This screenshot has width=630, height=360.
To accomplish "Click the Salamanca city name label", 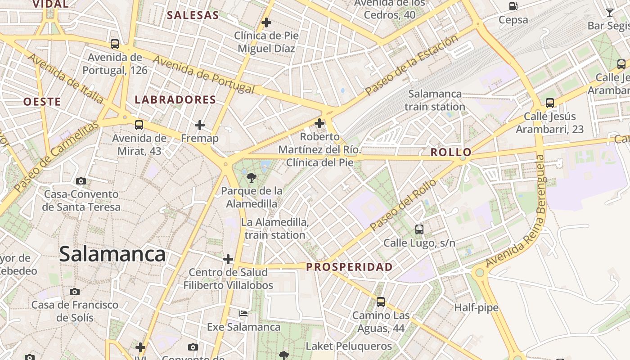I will (x=112, y=254).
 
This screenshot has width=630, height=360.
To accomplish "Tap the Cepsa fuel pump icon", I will (x=513, y=6).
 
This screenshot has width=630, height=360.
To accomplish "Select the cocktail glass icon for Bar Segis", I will (x=610, y=12).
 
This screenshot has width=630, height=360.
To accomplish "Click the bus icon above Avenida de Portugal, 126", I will (x=115, y=44).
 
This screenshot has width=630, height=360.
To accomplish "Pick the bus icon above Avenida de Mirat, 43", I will (x=139, y=125).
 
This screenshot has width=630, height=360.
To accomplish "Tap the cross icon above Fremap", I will (x=200, y=125).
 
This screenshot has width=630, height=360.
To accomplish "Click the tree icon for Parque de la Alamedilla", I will (x=252, y=177).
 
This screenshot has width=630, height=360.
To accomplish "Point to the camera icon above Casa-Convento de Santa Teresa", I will (x=81, y=181).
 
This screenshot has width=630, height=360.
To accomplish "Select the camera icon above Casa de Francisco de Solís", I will (x=75, y=292).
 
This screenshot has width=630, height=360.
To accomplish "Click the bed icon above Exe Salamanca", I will (x=243, y=313).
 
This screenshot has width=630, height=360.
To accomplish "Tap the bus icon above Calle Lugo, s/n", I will (x=419, y=229).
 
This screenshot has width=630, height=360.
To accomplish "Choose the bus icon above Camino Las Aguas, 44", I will (x=381, y=301).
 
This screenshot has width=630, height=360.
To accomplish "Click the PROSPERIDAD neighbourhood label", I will (x=349, y=267).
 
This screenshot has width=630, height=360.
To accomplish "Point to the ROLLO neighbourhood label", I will (x=450, y=152).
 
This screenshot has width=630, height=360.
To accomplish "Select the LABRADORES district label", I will (x=175, y=99).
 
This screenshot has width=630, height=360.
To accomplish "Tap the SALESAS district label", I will (x=193, y=15).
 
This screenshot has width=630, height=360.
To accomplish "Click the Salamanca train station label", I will (x=435, y=100).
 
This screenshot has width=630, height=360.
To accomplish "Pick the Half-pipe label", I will (x=476, y=308).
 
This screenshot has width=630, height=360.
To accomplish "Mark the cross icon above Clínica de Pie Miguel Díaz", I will (x=266, y=22).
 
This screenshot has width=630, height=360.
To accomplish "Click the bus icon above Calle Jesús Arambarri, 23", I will (x=549, y=103).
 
